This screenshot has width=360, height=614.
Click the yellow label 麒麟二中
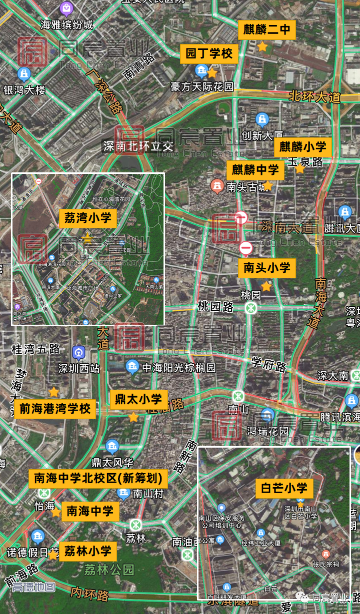click(266, 30)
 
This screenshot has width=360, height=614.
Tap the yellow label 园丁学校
click(209, 53)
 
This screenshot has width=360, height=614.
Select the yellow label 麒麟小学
click(302, 147)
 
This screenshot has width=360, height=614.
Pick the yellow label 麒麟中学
click(255, 170)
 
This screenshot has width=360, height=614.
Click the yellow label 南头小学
click(267, 268)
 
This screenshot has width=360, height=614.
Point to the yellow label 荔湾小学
click(88, 218)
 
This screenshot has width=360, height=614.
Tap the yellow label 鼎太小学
click(138, 399)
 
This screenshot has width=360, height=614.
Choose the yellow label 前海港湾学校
click(55, 409)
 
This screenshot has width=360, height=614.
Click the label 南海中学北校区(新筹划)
click(98, 479)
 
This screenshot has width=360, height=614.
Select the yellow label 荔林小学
click(88, 552)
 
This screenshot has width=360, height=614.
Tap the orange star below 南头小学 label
click(266, 286)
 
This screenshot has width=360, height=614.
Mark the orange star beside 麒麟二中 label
click(262, 47)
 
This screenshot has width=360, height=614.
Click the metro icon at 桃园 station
click(251, 308)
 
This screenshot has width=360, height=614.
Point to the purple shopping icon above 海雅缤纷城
click(66, 8)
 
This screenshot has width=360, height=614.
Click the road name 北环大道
click(314, 96)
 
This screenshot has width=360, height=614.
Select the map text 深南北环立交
click(138, 146)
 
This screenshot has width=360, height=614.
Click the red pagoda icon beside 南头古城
click(217, 186)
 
